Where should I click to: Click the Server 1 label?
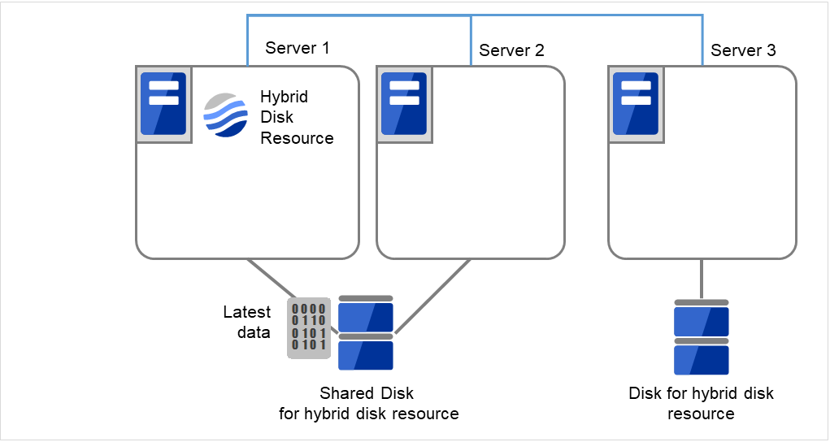pyautogui.click(x=297, y=48)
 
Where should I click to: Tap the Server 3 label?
pyautogui.click(x=742, y=50)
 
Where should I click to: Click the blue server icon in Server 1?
pyautogui.click(x=163, y=104)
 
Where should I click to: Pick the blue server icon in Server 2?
pyautogui.click(x=404, y=104)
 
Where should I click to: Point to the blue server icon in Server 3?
pyautogui.click(x=636, y=104)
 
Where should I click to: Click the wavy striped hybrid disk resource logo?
pyautogui.click(x=225, y=116)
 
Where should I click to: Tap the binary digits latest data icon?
pyautogui.click(x=309, y=327)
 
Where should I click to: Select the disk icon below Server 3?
pyautogui.click(x=701, y=336)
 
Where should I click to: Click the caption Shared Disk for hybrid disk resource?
pyautogui.click(x=368, y=404)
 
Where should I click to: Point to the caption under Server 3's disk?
pyautogui.click(x=701, y=404)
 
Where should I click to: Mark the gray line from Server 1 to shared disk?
pyautogui.click(x=272, y=279)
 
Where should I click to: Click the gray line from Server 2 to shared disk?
pyautogui.click(x=432, y=297)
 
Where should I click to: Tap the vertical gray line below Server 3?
pyautogui.click(x=701, y=278)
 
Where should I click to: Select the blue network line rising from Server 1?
pyautogui.click(x=247, y=41)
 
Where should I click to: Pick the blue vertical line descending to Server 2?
pyautogui.click(x=471, y=41)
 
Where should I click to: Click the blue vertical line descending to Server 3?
pyautogui.click(x=703, y=41)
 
